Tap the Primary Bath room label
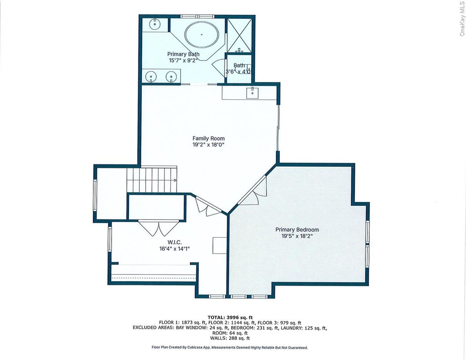184,54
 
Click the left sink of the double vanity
152,77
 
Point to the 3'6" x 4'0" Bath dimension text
239,72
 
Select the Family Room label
208,138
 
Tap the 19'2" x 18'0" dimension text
208,145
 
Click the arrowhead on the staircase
175,180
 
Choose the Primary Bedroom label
297,230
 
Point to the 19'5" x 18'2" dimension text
297,236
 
